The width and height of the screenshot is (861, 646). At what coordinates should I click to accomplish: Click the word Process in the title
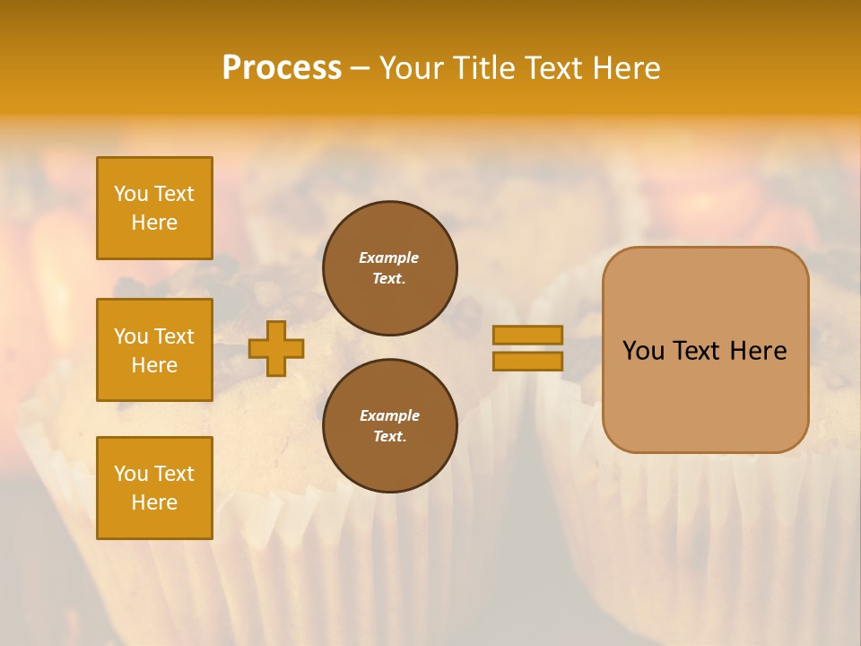[282, 67]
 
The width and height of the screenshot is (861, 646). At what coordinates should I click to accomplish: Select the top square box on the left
[154, 208]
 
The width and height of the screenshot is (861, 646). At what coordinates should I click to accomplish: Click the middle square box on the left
[154, 350]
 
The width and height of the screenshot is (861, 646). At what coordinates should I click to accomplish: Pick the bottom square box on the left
[154, 488]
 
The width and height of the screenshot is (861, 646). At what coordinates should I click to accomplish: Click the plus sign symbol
[276, 349]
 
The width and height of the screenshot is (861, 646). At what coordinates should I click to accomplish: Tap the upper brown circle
[390, 268]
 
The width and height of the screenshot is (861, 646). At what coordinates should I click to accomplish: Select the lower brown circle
[390, 426]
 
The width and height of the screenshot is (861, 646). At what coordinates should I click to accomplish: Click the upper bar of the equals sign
[527, 336]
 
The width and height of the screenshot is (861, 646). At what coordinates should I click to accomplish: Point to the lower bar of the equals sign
[527, 362]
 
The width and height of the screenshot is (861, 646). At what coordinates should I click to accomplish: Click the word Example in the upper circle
[388, 258]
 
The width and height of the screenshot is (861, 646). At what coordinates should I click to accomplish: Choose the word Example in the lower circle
[389, 416]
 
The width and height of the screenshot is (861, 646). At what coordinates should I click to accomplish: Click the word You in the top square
[131, 194]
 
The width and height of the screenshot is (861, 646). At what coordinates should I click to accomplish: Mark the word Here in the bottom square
[154, 502]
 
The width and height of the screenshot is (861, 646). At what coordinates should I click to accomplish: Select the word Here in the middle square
[154, 365]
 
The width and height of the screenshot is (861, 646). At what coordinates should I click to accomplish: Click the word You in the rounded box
[643, 351]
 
